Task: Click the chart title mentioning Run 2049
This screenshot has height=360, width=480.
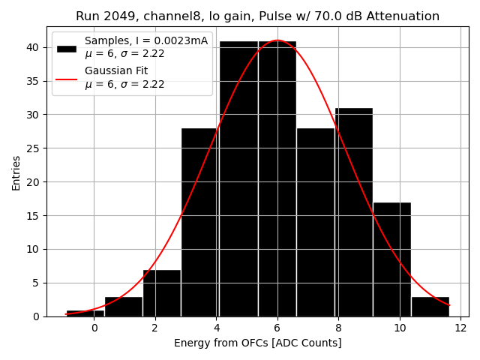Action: point(257,16)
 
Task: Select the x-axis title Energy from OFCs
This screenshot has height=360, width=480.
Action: point(257,343)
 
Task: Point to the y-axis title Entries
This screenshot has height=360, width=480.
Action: point(16,172)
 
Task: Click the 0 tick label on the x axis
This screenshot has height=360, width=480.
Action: point(94,328)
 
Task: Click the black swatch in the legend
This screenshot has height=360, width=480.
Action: point(66,47)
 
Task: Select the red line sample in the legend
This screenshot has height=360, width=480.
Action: point(66,77)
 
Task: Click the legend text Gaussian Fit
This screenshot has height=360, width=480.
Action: point(116,71)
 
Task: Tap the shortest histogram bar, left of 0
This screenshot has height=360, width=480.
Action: point(85,313)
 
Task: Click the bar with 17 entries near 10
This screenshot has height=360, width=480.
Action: point(391,259)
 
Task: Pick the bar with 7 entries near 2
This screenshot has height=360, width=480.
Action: point(161,293)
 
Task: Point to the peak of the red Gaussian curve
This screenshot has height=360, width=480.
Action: point(277,40)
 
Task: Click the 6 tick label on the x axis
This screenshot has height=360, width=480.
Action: point(277,328)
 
